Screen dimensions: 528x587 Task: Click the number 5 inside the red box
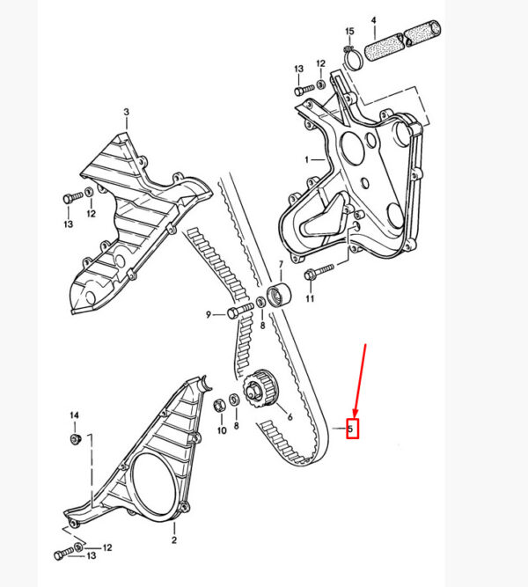point(350,429)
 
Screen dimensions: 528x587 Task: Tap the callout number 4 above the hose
point(373,20)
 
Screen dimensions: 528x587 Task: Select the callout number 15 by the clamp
point(349,31)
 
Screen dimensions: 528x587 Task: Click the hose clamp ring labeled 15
point(353,59)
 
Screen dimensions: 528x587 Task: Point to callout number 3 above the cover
point(126,112)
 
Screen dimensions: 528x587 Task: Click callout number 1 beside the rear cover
point(307,160)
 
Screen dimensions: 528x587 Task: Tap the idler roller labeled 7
point(279,296)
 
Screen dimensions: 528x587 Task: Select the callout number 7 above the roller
point(281,265)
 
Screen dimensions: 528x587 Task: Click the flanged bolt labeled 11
point(319,272)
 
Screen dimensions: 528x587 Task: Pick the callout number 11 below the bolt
point(310,298)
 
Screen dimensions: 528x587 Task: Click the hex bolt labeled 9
point(240,311)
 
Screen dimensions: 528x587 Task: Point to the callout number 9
point(209,315)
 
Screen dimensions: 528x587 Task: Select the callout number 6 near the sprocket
point(290,416)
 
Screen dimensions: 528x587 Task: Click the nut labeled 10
point(219,407)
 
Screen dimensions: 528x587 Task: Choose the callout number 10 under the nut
point(222,430)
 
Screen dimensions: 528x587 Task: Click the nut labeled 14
point(76,439)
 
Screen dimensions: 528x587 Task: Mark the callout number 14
point(75,415)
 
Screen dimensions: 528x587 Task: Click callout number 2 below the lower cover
point(174,539)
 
